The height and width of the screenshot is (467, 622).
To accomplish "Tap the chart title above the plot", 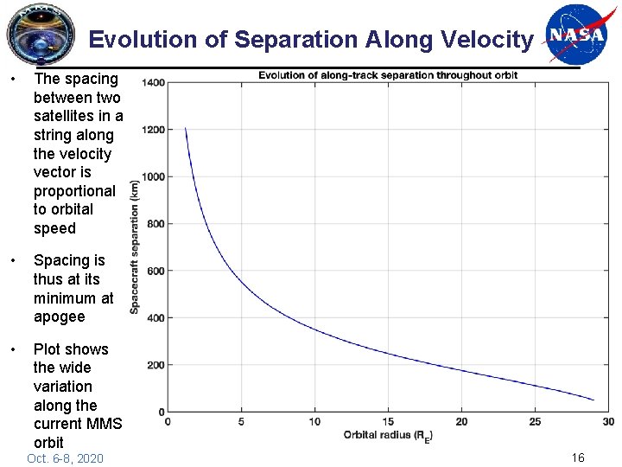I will [x=388, y=75].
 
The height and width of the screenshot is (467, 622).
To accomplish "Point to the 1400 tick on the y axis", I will [x=154, y=83].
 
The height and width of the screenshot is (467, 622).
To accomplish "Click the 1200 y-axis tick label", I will [x=154, y=130].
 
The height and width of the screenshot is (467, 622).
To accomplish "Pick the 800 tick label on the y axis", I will [x=156, y=224].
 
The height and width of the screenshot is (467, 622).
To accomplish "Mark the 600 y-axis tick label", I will [x=156, y=271].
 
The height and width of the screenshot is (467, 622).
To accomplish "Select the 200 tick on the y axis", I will [x=156, y=365].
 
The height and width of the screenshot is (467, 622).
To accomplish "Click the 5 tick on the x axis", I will [x=241, y=421].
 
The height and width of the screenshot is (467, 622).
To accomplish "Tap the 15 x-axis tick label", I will [x=388, y=421].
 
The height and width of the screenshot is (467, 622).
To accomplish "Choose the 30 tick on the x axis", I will [x=608, y=421].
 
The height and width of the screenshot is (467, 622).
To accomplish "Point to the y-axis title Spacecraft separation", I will [x=135, y=247].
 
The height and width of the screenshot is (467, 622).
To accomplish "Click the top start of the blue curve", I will [x=185, y=128].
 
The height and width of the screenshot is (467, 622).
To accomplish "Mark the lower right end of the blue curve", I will [x=593, y=400].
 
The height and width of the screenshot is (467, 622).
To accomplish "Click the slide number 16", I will [x=578, y=457].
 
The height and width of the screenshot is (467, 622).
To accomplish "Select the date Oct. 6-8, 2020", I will [x=65, y=457].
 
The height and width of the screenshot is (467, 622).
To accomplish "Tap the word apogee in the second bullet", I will [x=59, y=317].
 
